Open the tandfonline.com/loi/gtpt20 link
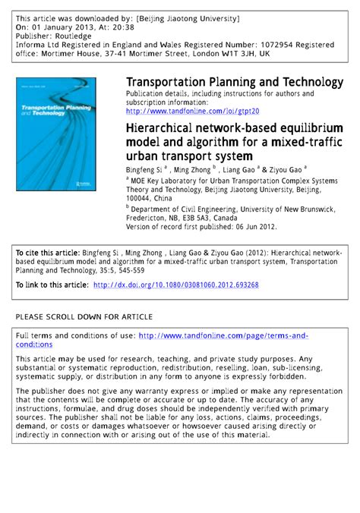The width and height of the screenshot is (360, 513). pos(192,111)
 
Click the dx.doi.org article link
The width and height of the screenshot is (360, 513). pos(175,285)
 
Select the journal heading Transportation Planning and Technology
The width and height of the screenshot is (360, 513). pos(234,82)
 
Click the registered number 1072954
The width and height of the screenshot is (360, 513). pos(255,44)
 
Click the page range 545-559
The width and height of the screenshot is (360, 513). pos(135,268)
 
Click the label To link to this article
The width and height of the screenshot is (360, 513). pos(50,285)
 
